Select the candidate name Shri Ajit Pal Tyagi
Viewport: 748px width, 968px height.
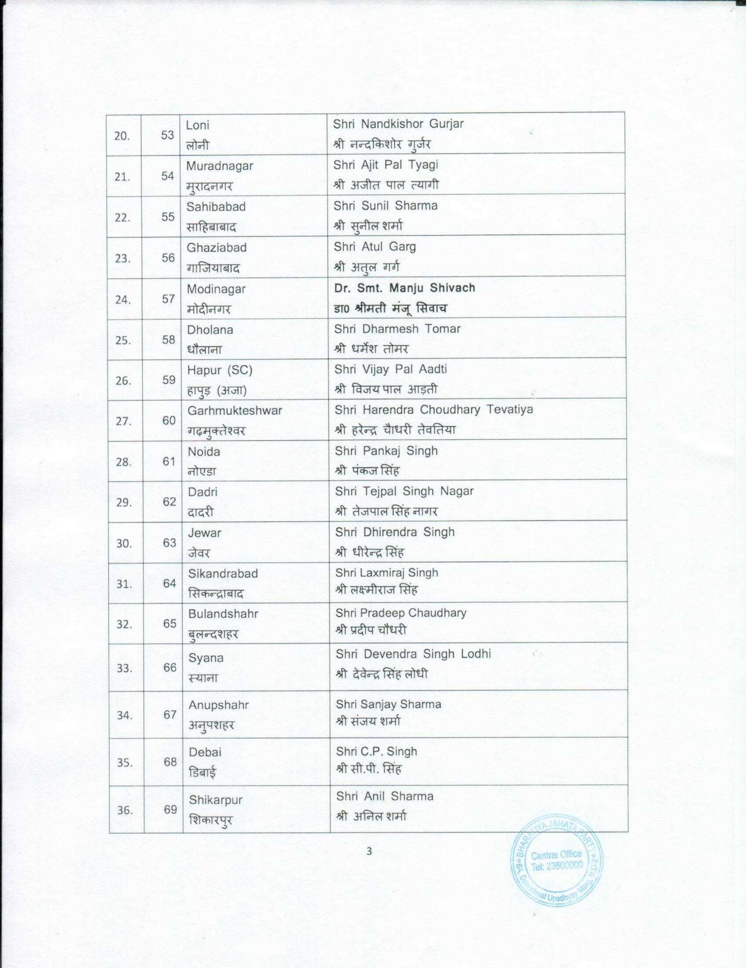(385, 165)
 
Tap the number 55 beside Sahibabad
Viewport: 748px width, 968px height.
(167, 217)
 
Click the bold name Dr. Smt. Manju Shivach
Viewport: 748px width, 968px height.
(405, 288)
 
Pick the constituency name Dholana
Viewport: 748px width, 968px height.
(210, 330)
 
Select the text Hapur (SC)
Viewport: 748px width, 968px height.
(220, 370)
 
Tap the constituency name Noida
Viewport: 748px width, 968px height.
(204, 452)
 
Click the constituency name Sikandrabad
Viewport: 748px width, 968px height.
(223, 573)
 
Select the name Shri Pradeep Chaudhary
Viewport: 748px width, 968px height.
(401, 613)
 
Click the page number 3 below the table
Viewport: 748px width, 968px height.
(369, 852)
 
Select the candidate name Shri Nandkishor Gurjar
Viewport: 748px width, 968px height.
(398, 124)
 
